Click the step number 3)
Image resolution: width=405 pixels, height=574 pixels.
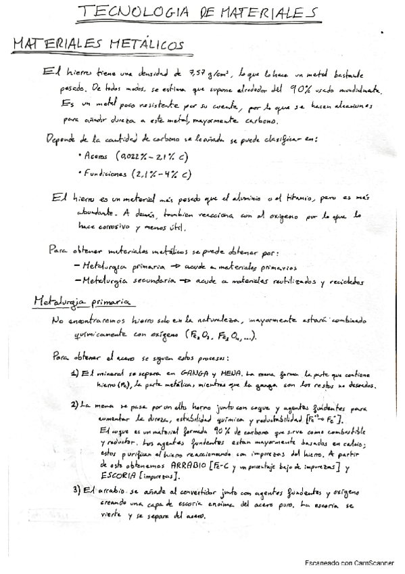coord(76,490)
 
